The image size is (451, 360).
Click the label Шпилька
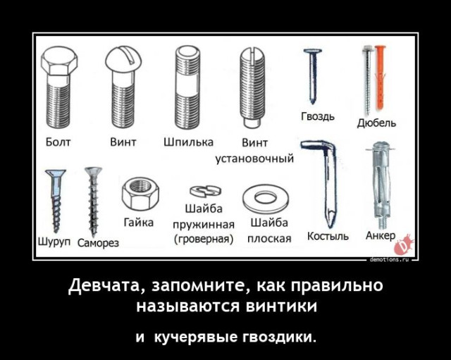click(x=188, y=142)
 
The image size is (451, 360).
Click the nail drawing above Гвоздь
click(x=311, y=74)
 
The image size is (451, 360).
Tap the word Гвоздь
click(x=317, y=116)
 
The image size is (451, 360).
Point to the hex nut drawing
click(x=135, y=193)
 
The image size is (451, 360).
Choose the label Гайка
click(x=138, y=223)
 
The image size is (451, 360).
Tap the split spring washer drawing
click(x=204, y=190)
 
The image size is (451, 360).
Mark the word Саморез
click(x=97, y=244)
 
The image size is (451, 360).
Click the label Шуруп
click(x=53, y=242)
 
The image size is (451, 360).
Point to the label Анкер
click(x=381, y=235)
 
